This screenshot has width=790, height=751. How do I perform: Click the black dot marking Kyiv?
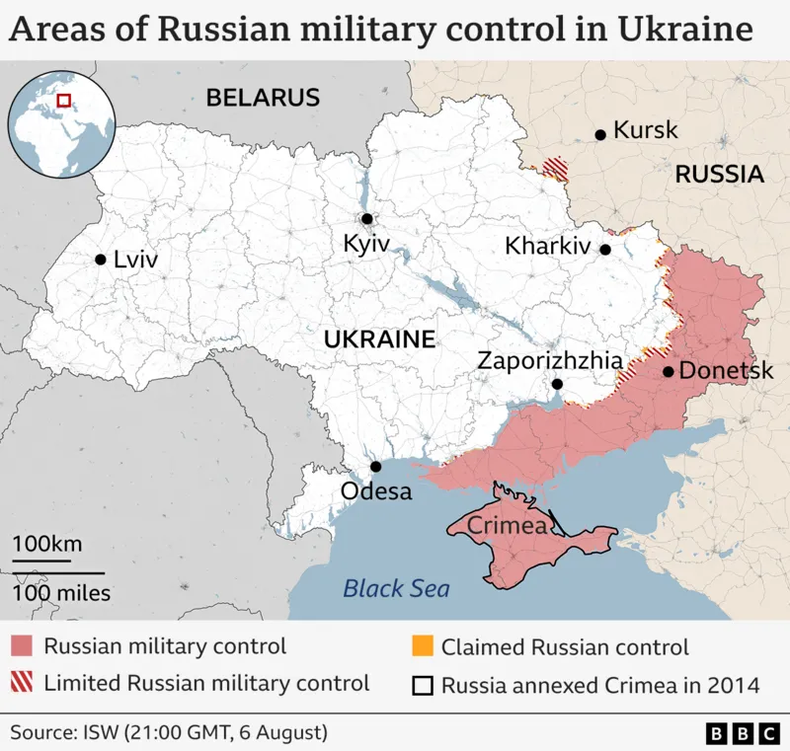(x=366, y=219)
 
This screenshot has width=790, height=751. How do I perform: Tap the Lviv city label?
(x=135, y=260)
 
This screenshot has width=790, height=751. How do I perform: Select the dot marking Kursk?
(x=599, y=135)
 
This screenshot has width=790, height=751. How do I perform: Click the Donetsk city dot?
(x=669, y=372)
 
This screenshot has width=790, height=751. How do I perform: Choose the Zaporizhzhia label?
(x=550, y=360)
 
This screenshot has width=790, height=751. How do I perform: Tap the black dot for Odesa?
(x=375, y=467)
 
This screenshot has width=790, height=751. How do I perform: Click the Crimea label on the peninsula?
(x=507, y=526)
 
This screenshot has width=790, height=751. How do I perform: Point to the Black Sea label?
(x=396, y=589)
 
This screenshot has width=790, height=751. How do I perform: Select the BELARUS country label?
(x=263, y=98)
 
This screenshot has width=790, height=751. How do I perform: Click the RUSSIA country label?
(x=719, y=175)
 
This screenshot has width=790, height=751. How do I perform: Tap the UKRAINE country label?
(x=380, y=339)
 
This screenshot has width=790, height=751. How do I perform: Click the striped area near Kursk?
(x=558, y=169)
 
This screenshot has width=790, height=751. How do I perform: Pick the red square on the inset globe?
(x=64, y=100)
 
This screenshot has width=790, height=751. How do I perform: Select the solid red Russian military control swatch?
(x=23, y=647)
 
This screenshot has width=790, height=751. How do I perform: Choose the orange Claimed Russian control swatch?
(x=422, y=647)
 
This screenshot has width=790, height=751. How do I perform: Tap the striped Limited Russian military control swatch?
(x=23, y=683)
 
